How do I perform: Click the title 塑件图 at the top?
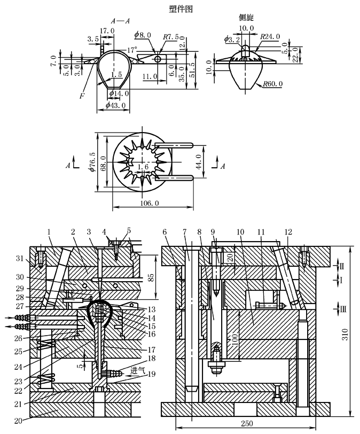[181, 9]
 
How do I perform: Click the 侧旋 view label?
[246, 18]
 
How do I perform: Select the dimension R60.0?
[273, 83]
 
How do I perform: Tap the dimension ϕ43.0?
[115, 105]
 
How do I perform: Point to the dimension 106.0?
[150, 204]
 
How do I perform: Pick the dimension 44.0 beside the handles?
[199, 161]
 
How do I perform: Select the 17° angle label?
[132, 50]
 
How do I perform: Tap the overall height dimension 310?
[345, 334]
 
